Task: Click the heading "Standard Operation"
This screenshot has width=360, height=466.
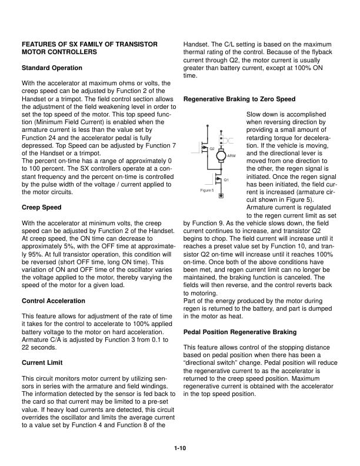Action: [52, 68]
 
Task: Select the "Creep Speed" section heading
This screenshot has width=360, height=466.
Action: [42, 208]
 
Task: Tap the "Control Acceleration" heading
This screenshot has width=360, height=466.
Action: [54, 301]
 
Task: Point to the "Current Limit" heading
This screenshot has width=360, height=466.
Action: [42, 362]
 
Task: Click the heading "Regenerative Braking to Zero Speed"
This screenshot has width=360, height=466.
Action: [239, 99]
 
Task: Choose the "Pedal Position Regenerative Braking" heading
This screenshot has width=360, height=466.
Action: [240, 332]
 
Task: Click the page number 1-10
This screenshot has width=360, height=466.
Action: [180, 449]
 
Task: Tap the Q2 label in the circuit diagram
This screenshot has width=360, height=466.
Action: [212, 149]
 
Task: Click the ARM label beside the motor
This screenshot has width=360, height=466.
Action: [231, 156]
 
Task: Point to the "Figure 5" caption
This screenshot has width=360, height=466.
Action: [206, 191]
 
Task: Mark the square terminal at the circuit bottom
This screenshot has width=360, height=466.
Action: [221, 195]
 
